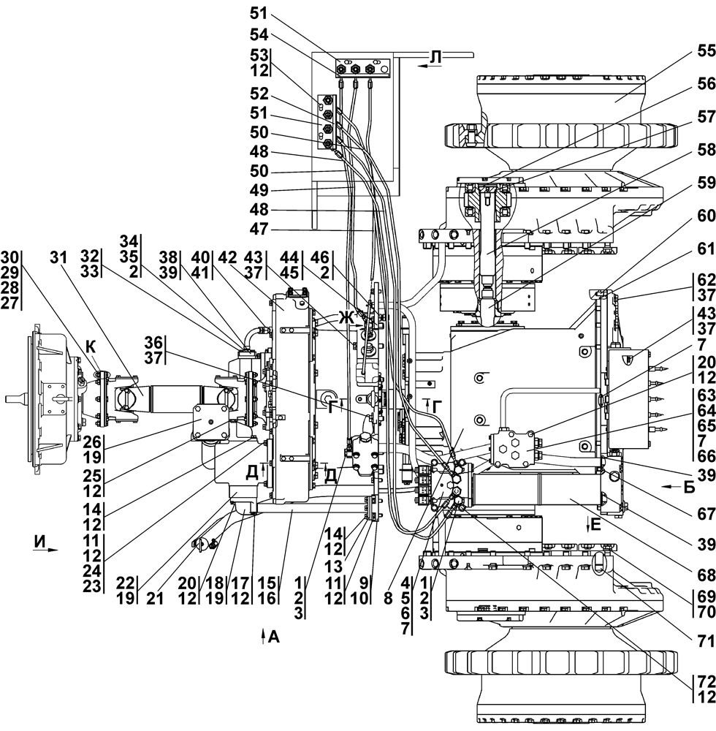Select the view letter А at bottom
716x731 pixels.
(274, 636)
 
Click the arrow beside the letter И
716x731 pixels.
(49, 553)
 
